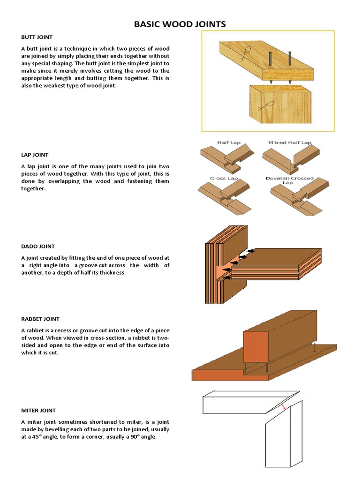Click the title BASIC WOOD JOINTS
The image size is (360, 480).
[x=180, y=24]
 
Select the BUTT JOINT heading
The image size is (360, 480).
[x=37, y=37]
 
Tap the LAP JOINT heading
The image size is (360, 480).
[x=34, y=155]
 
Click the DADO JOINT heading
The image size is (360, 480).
[x=37, y=246]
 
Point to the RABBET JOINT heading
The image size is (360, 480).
[x=40, y=319]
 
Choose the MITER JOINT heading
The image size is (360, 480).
[x=37, y=410]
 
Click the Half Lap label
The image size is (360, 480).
[x=229, y=142]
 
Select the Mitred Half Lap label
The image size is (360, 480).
[x=290, y=142]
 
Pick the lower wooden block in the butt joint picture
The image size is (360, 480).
[x=280, y=105]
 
